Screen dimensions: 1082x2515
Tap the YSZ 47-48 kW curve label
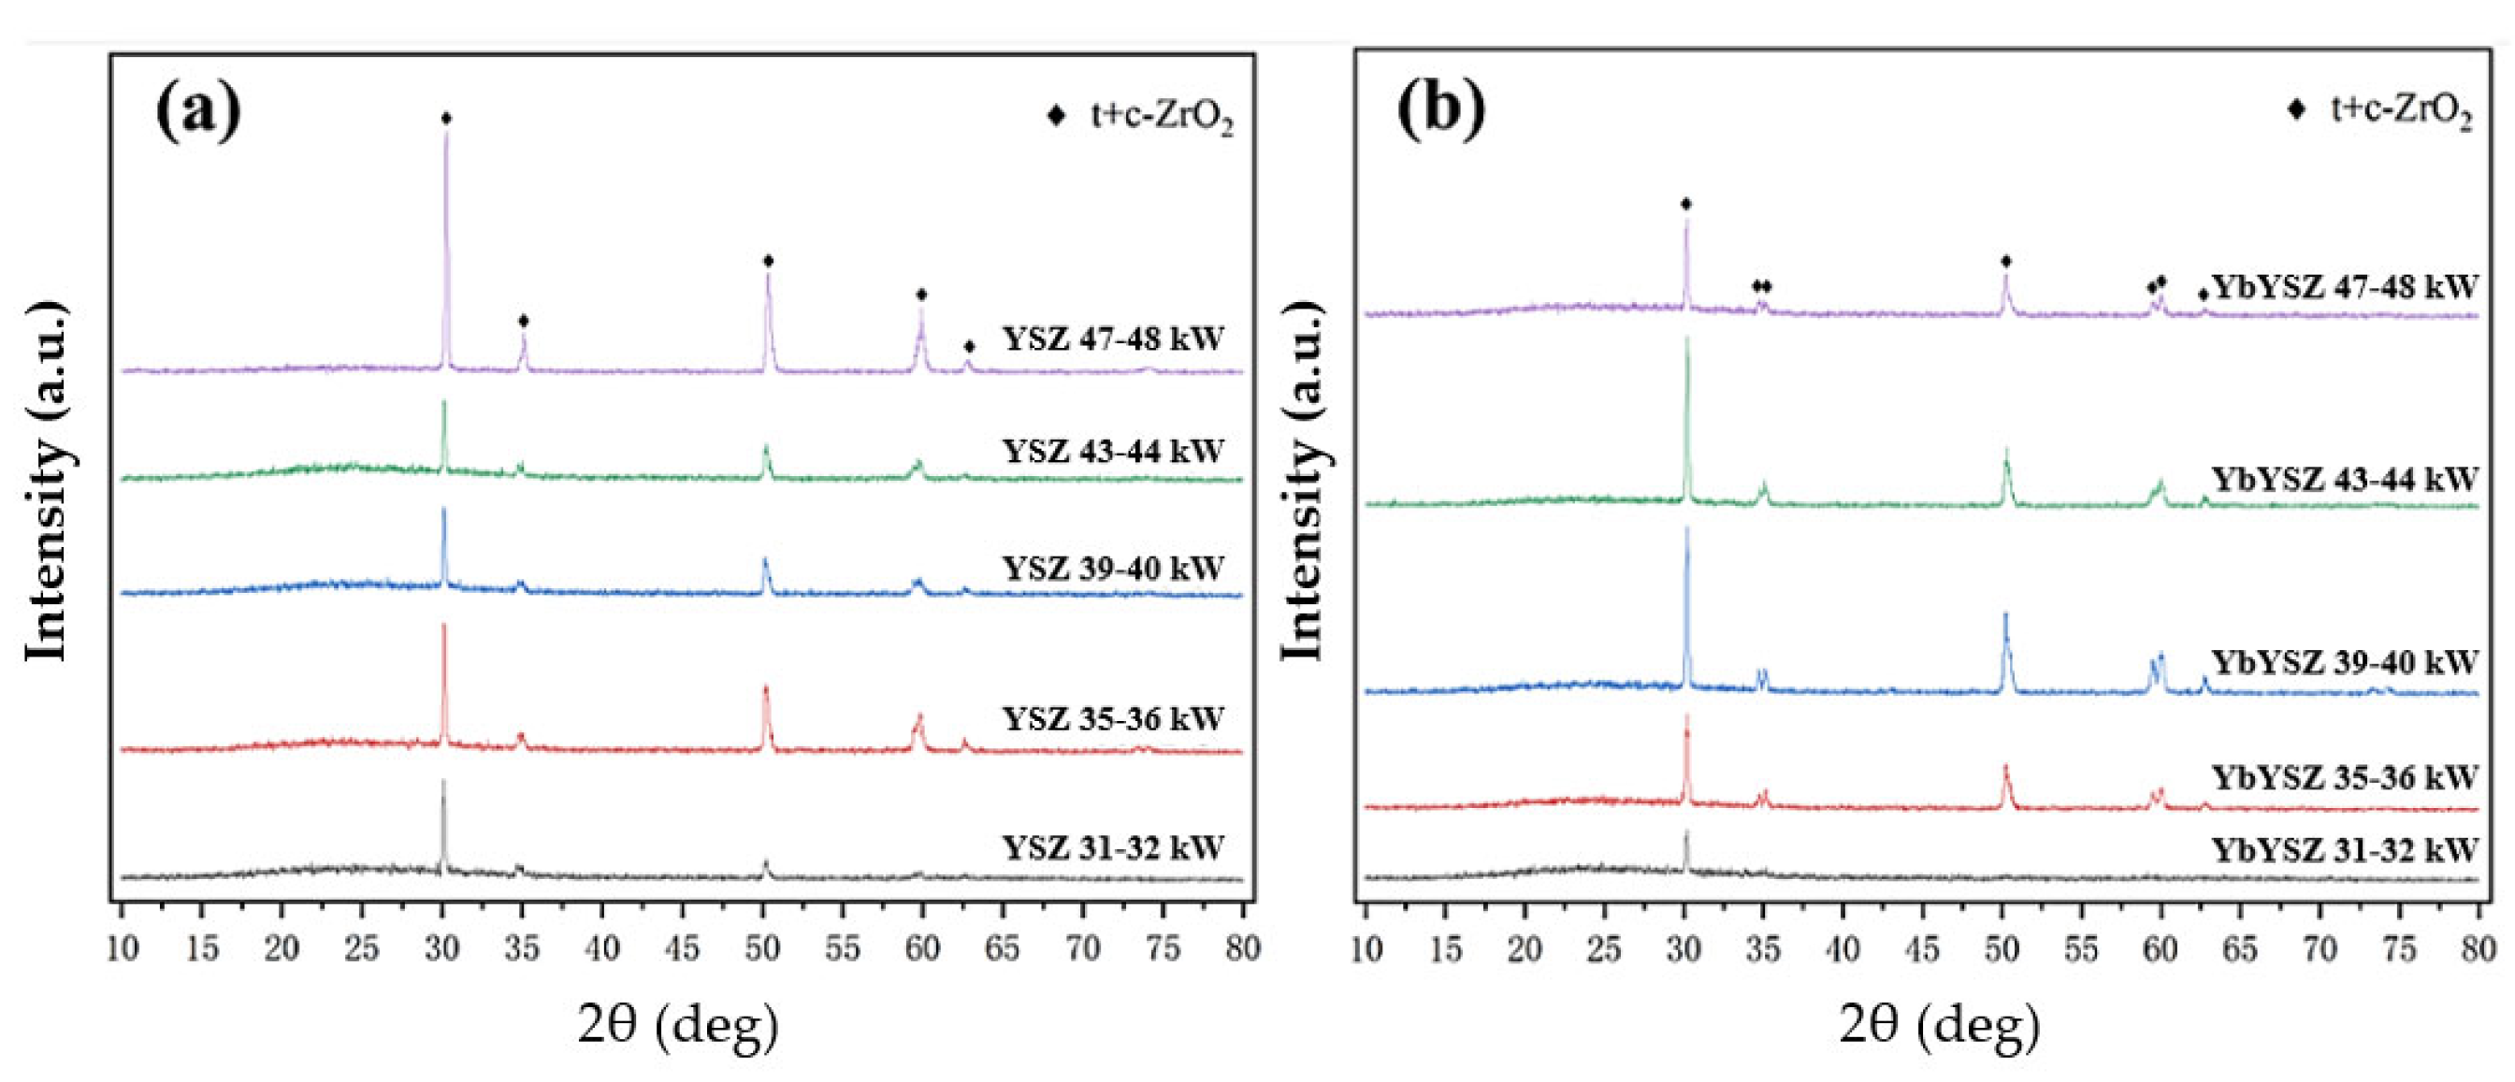pyautogui.click(x=1112, y=339)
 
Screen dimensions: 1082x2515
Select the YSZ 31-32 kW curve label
pyautogui.click(x=1112, y=846)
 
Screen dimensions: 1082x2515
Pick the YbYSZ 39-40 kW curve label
pyautogui.click(x=2343, y=662)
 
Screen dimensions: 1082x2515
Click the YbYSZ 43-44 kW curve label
pyautogui.click(x=2343, y=480)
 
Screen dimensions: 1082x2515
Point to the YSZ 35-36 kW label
pyautogui.click(x=1112, y=719)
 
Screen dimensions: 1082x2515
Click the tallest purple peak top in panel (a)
pyautogui.click(x=446, y=133)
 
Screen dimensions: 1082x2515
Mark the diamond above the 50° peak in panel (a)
pyautogui.click(x=769, y=261)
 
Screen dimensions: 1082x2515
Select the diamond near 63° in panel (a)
pyautogui.click(x=969, y=347)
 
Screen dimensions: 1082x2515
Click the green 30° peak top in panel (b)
pyautogui.click(x=1686, y=339)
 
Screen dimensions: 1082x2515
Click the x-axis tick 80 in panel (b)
pyautogui.click(x=2478, y=948)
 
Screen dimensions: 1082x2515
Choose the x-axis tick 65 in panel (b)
pyautogui.click(x=2240, y=948)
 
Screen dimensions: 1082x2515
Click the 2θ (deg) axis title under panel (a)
pyautogui.click(x=678, y=1025)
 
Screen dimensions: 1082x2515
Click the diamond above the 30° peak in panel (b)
pyautogui.click(x=1686, y=204)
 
